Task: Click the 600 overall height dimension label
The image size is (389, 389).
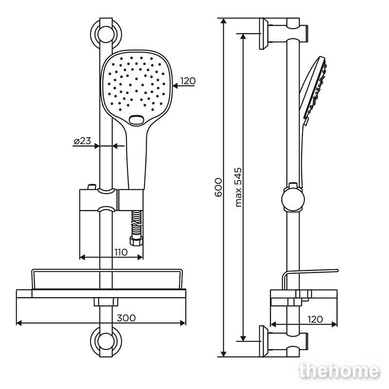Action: [x=218, y=188]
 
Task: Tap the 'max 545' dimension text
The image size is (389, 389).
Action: [x=238, y=188]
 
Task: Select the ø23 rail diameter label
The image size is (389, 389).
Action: [x=83, y=141]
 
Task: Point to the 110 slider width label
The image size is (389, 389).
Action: [x=121, y=252]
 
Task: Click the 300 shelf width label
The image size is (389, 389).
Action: [x=126, y=318]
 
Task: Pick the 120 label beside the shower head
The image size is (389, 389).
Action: [x=188, y=81]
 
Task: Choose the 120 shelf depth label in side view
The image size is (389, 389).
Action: [x=315, y=319]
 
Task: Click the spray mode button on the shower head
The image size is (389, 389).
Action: [x=136, y=120]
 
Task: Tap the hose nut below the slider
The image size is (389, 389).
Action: [x=136, y=241]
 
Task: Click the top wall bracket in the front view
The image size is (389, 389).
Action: [x=106, y=34]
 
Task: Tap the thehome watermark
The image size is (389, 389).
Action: [x=339, y=371]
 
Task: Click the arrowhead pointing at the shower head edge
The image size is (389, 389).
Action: [x=176, y=86]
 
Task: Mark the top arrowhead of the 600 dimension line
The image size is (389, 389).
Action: [x=224, y=21]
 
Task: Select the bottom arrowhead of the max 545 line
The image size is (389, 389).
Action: [x=243, y=338]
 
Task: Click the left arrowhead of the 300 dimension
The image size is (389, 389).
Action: [x=19, y=323]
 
